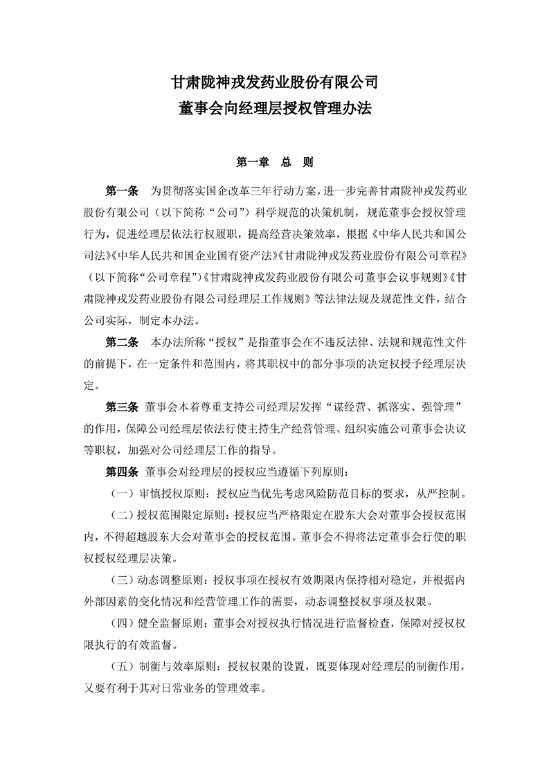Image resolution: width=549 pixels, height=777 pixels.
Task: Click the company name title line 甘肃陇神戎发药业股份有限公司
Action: (x=274, y=82)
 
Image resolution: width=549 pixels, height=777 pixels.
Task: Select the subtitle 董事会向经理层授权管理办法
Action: (x=274, y=109)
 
